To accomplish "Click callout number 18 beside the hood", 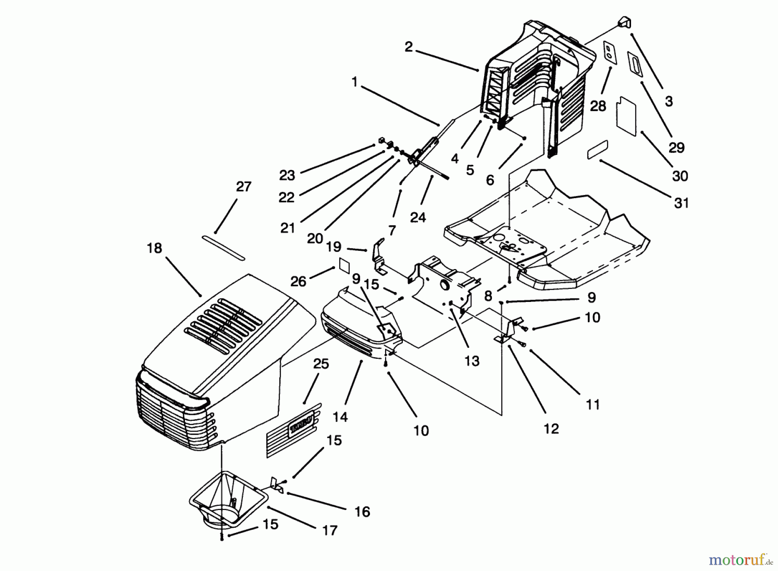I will (x=154, y=248).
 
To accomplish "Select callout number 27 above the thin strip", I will (x=243, y=187).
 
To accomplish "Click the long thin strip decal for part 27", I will (x=223, y=248).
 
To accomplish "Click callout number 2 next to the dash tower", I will (x=408, y=47).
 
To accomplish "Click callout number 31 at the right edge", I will (x=681, y=203).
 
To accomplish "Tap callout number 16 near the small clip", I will (x=362, y=512).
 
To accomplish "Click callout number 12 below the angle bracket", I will (x=552, y=429).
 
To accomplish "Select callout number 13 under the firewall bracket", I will (x=472, y=361).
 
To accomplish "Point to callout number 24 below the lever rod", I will (x=418, y=217).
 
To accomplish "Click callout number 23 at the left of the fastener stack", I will (x=287, y=175).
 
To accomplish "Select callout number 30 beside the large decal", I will (x=680, y=176).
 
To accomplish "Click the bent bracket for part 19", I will (x=378, y=260).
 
